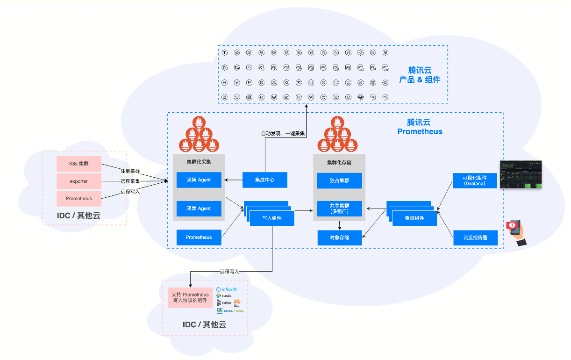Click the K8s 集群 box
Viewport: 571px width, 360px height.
pyautogui.click(x=79, y=164)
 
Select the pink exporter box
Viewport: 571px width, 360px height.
pyautogui.click(x=79, y=181)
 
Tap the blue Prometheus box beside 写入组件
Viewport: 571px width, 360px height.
pyautogui.click(x=199, y=237)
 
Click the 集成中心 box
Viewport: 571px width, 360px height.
pyautogui.click(x=264, y=180)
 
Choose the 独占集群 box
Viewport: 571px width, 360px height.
pyautogui.click(x=339, y=180)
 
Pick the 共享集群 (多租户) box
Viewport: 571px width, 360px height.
pyautogui.click(x=339, y=209)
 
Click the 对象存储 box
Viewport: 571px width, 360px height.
pyautogui.click(x=339, y=238)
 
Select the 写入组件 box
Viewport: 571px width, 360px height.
pyautogui.click(x=272, y=218)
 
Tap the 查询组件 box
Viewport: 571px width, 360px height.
pyautogui.click(x=414, y=218)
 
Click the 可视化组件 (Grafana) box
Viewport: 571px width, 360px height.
pyautogui.click(x=475, y=180)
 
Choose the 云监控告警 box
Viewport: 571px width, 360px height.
pyautogui.click(x=475, y=238)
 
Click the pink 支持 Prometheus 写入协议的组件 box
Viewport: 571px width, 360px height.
pyautogui.click(x=190, y=297)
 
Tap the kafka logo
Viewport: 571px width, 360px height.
pyautogui.click(x=224, y=303)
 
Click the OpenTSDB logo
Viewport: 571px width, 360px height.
pyautogui.click(x=229, y=311)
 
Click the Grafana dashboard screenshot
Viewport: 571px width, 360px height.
pyautogui.click(x=521, y=174)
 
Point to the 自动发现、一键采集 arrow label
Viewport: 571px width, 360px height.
pyautogui.click(x=283, y=134)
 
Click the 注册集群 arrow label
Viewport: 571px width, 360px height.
pyautogui.click(x=130, y=171)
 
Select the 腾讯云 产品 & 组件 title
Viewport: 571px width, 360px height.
pyautogui.click(x=419, y=75)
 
